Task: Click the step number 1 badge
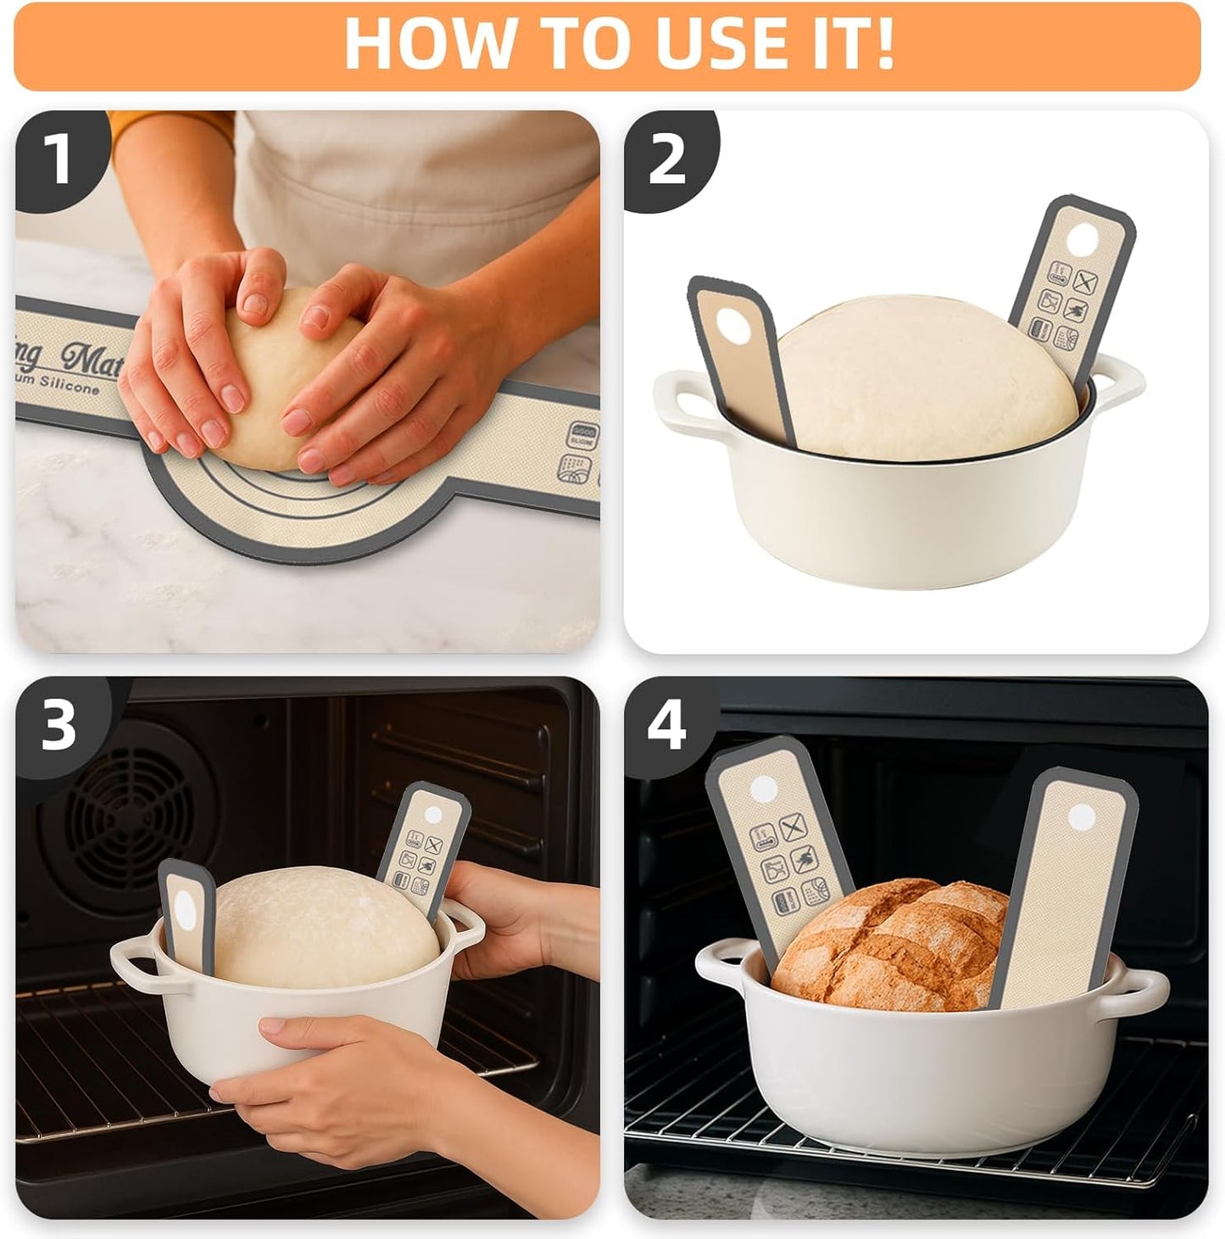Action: pyautogui.click(x=57, y=159)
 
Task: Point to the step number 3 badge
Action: pyautogui.click(x=58, y=724)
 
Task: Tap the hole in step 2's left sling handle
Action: pyautogui.click(x=730, y=324)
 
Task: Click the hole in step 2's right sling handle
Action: pyautogui.click(x=1080, y=241)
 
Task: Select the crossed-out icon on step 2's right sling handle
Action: pyautogui.click(x=1085, y=281)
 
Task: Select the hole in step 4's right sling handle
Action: pyautogui.click(x=1081, y=818)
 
